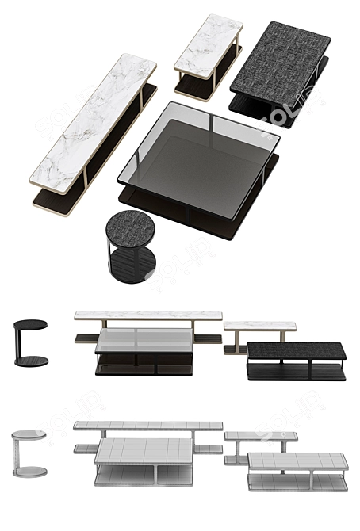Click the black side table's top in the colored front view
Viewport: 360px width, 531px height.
[x=31, y=323]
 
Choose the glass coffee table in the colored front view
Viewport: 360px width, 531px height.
[x=144, y=349]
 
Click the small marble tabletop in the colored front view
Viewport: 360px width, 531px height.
[x=259, y=325]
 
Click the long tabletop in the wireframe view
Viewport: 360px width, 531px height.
[x=147, y=426]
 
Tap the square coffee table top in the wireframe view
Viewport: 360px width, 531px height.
[x=144, y=450]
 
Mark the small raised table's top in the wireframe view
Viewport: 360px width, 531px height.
[x=260, y=435]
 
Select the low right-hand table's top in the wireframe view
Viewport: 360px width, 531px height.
[x=297, y=460]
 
